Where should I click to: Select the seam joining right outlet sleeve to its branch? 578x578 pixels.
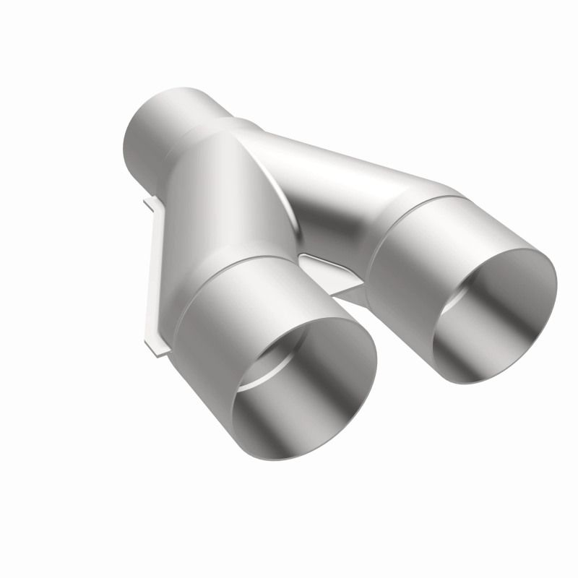coord(419,199)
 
